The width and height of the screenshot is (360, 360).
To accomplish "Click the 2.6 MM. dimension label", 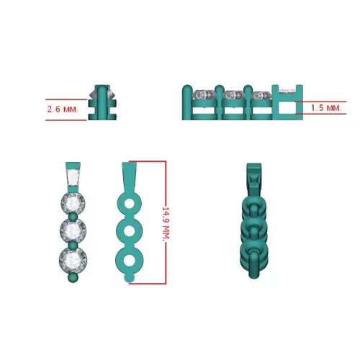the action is (63, 109).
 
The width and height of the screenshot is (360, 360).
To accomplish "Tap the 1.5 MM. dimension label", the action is (326, 108).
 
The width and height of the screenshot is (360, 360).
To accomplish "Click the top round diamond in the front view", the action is (73, 203).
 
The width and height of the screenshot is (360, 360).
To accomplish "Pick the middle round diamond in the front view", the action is (73, 230).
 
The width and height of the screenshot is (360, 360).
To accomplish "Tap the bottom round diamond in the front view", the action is (73, 260).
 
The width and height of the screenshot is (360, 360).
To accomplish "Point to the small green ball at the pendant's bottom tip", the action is (73, 278).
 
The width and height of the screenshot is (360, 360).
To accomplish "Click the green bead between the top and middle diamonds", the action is (73, 217).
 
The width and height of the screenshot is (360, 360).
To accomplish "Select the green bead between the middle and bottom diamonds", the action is (73, 245).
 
